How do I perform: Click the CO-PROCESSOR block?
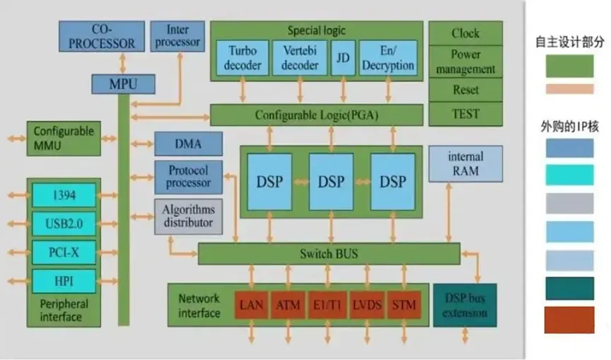[103, 37]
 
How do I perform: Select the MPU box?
[123, 84]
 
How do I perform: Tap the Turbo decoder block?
[238, 58]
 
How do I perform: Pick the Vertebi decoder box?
[299, 58]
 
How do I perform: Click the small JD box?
[343, 58]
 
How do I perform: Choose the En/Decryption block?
[388, 58]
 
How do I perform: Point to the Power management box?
[465, 62]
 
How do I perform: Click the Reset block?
[465, 90]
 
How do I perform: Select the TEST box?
[465, 113]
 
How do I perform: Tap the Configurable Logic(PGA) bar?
[316, 115]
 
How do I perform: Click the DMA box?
[187, 144]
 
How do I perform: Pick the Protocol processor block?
[188, 177]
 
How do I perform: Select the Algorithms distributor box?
[188, 216]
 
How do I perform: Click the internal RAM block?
[465, 163]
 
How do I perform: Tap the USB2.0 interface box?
[64, 224]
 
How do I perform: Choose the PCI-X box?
[64, 252]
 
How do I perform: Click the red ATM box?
[288, 306]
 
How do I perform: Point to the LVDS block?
[366, 306]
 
